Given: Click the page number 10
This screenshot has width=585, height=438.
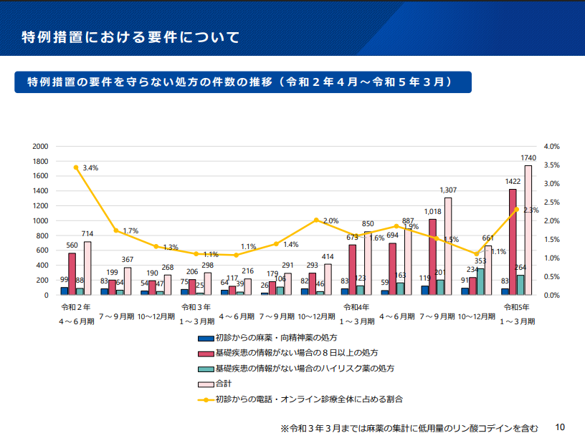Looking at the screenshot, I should click(560, 427).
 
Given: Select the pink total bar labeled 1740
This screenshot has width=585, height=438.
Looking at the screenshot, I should click(528, 230).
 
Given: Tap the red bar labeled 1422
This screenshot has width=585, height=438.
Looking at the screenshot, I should click(513, 242).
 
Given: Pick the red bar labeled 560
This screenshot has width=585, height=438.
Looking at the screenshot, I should click(72, 274).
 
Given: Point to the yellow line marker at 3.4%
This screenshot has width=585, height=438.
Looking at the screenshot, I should click(76, 167).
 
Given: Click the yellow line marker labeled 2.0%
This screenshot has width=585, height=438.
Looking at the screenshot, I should click(317, 220).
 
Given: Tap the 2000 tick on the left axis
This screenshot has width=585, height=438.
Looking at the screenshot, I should click(41, 146).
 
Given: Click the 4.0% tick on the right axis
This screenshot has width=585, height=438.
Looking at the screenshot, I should click(551, 146).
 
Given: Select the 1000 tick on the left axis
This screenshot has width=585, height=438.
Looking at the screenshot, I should click(41, 220).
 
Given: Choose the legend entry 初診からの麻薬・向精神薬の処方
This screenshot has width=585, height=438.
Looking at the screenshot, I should click(276, 337).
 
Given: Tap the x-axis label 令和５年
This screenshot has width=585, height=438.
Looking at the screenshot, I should click(518, 307).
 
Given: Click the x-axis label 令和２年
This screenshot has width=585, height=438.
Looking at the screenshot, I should click(76, 307).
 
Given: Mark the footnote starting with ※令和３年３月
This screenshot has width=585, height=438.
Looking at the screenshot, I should click(409, 427).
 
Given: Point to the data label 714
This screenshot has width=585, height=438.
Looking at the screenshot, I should click(87, 234).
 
